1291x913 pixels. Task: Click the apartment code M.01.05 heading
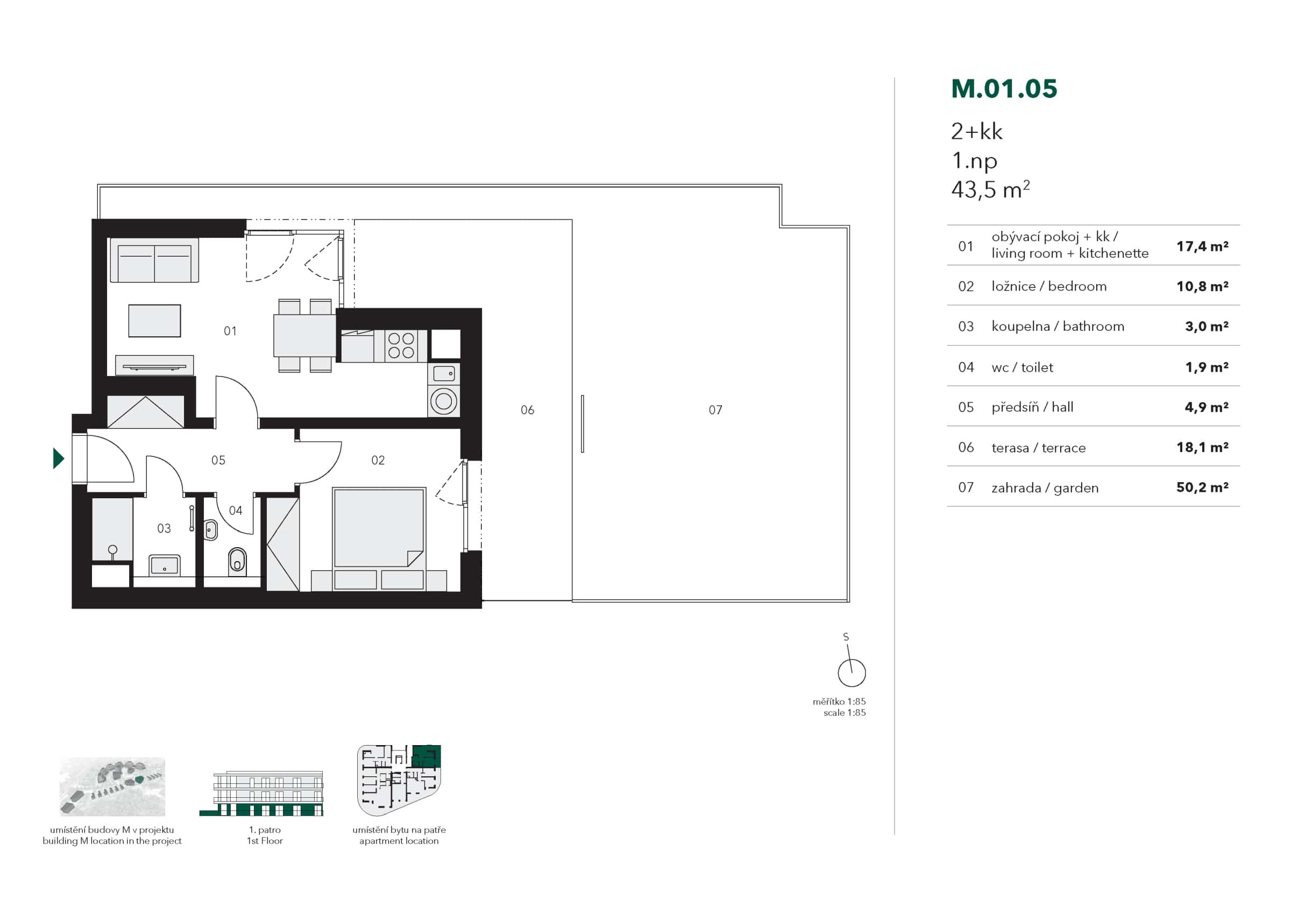click(1004, 89)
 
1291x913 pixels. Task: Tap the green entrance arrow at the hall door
click(58, 458)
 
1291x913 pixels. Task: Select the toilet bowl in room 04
click(237, 560)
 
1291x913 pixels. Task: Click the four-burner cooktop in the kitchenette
click(401, 345)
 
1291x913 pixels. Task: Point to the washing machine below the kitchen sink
click(444, 401)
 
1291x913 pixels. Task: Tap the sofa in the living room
click(154, 260)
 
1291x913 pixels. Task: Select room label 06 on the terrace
click(527, 410)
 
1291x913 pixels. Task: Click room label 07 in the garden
click(715, 410)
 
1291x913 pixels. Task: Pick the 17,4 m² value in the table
click(1202, 246)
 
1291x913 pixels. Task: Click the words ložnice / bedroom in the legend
click(1048, 286)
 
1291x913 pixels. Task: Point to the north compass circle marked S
click(852, 673)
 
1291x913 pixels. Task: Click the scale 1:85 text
click(844, 713)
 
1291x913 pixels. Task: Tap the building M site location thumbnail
click(112, 787)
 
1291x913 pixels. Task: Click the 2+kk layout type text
click(976, 132)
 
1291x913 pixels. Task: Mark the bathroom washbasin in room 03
click(164, 564)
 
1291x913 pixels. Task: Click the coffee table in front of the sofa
click(154, 321)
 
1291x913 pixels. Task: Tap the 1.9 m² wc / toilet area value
click(1206, 367)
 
